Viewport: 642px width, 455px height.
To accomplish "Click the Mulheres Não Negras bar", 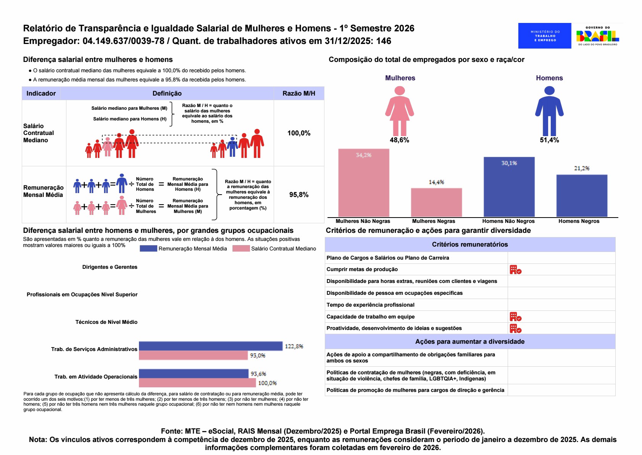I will [x=363, y=183].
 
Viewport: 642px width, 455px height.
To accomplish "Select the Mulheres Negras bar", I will [x=436, y=202].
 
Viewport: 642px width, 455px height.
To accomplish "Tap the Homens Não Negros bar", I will [x=509, y=187].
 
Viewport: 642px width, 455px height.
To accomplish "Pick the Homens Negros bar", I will [x=582, y=195].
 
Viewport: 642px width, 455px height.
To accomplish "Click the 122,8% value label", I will [x=294, y=346].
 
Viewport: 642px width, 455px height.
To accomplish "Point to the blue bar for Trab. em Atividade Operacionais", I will [x=194, y=374].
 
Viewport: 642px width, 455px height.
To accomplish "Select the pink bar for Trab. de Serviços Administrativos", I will [x=193, y=356].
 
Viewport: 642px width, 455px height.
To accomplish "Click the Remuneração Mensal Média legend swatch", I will [x=148, y=249].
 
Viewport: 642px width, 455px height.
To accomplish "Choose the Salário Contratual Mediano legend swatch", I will [x=241, y=249].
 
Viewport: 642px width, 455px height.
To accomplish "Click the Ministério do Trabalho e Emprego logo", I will [x=545, y=36].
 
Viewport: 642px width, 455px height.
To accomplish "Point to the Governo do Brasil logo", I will [x=597, y=36].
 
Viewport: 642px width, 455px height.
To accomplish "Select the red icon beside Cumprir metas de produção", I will [x=515, y=270].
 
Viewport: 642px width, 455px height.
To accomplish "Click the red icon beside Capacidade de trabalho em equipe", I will [x=515, y=317].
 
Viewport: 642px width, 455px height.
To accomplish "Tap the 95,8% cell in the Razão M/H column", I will [x=299, y=195].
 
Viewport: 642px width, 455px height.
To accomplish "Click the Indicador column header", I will [x=41, y=93].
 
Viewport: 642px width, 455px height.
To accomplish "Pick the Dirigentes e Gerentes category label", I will [x=110, y=267].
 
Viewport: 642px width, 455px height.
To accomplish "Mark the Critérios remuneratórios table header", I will [x=470, y=244].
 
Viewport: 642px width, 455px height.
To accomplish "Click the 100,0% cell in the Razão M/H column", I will [x=299, y=133].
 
